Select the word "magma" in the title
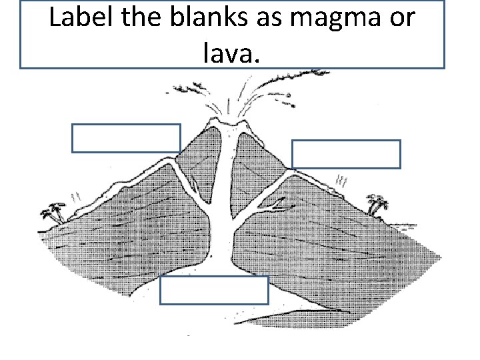(x=330, y=19)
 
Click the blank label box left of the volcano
(x=126, y=138)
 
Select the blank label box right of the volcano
(x=346, y=154)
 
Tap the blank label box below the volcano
(x=215, y=291)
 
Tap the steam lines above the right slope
(x=343, y=179)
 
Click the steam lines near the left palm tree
(x=75, y=196)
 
